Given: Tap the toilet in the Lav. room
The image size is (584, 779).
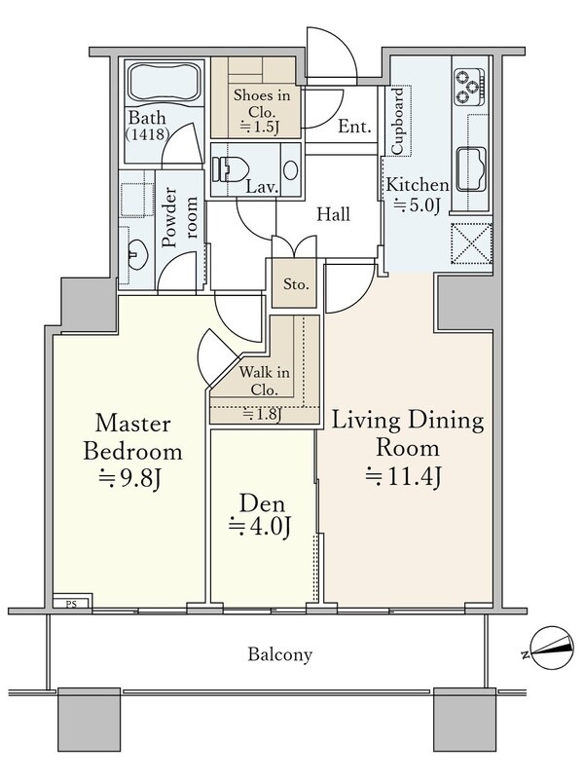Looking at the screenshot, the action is [230, 168].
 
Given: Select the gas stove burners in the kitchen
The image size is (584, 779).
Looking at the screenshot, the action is [470, 87].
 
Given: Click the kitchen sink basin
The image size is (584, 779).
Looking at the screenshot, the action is [472, 169].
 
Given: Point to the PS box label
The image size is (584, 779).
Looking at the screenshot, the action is [71, 605].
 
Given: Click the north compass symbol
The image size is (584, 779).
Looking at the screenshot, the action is [549, 648].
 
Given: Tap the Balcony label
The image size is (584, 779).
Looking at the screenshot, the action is [280, 654].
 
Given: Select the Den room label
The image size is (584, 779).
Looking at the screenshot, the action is [262, 503].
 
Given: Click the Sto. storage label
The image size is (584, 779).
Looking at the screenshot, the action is [296, 284].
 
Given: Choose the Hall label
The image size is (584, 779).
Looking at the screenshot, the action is [333, 214].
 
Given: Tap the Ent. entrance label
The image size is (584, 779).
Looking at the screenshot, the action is [354, 127].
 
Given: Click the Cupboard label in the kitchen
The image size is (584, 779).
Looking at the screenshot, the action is [398, 121].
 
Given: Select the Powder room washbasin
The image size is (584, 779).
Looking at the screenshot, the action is [136, 253].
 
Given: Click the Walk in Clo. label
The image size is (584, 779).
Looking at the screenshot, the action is [264, 381].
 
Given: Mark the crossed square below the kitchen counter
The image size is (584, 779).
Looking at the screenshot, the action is [471, 243].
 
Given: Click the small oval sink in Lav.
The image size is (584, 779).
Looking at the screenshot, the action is [290, 169].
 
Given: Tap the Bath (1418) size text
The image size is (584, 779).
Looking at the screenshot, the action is [148, 126].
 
